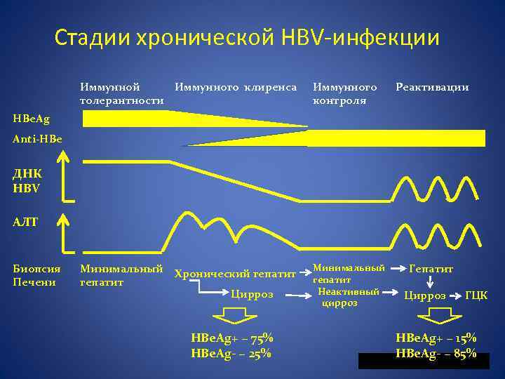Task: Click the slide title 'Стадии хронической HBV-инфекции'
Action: [x=247, y=37]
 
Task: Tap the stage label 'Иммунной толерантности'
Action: [x=123, y=94]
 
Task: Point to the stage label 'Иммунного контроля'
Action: [x=344, y=94]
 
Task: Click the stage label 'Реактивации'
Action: [x=432, y=88]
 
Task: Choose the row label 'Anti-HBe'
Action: [x=37, y=139]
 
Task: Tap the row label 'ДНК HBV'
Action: [x=27, y=180]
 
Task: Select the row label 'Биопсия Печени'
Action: [x=36, y=275]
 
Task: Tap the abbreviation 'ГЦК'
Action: [x=476, y=295]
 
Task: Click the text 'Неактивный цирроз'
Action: [x=348, y=297]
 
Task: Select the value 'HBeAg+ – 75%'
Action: [x=231, y=338]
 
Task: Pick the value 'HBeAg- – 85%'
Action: [x=436, y=353]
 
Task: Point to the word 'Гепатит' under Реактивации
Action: [x=431, y=269]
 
